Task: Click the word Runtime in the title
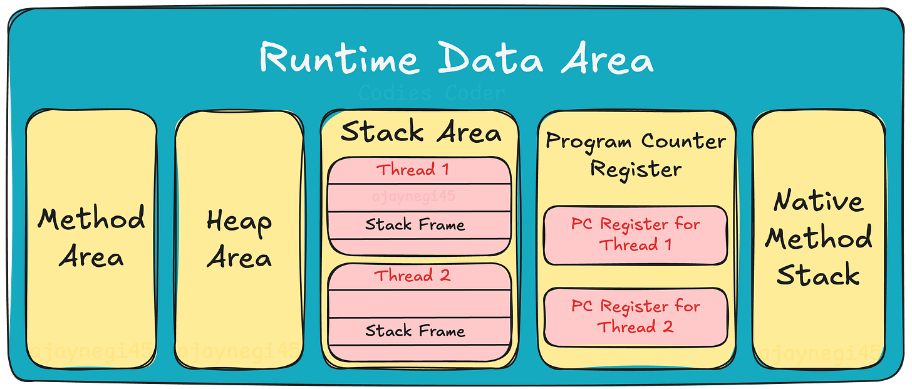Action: [338, 60]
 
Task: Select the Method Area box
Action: [91, 238]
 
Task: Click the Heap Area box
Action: [239, 238]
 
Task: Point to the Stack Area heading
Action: [421, 133]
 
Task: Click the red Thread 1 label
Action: [413, 170]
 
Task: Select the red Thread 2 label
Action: [413, 276]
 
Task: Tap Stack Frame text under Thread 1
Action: [415, 225]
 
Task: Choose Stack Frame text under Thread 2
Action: [415, 331]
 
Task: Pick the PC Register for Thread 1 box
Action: [635, 234]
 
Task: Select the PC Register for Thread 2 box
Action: [635, 316]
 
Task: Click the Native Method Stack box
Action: [818, 238]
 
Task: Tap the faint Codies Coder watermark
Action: [432, 94]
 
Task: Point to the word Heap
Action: [239, 222]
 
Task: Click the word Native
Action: [818, 202]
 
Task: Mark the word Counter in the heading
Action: [683, 141]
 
